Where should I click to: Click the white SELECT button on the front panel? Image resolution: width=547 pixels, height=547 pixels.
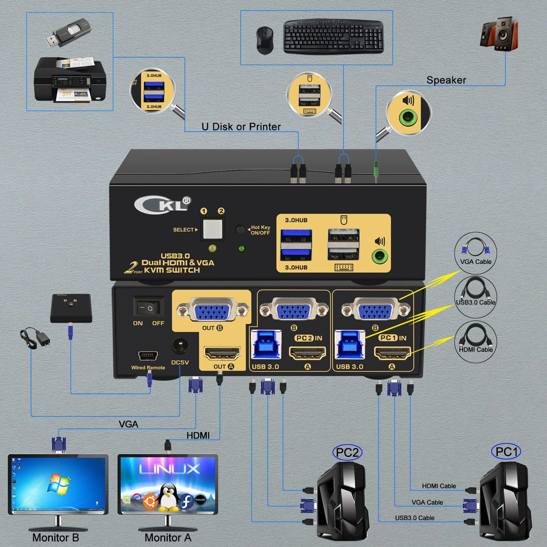[x=212, y=229]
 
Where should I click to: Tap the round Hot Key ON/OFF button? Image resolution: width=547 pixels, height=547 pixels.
[x=240, y=229]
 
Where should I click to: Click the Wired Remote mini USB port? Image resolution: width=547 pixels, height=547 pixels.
[x=148, y=355]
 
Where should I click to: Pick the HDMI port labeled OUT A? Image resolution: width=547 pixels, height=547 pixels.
[x=222, y=354]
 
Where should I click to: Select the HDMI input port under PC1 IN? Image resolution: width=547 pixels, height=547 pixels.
[x=392, y=354]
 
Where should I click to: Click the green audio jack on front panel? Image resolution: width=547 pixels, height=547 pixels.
[x=380, y=256]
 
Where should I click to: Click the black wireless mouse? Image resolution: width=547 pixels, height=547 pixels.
[x=263, y=40]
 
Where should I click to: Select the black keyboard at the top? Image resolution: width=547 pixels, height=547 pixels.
[x=333, y=36]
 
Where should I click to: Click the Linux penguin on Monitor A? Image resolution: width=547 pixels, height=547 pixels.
[x=168, y=496]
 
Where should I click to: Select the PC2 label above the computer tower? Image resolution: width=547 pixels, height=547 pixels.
[x=347, y=453]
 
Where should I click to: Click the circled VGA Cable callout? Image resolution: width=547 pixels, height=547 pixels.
[x=476, y=253]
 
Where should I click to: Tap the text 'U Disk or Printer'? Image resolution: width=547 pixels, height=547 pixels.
[x=241, y=127]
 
